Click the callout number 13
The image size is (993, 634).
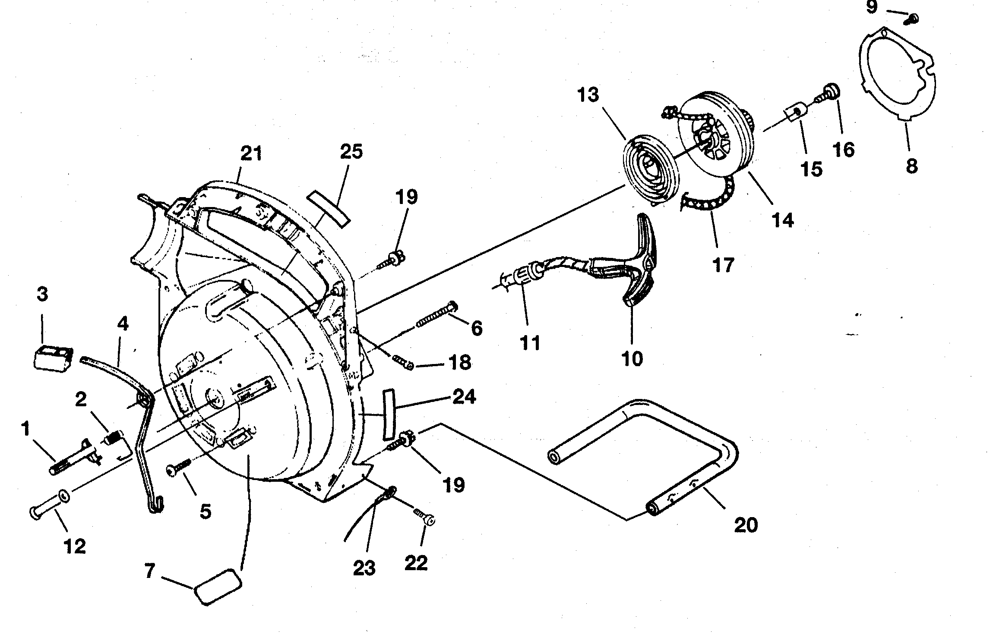tap(589, 94)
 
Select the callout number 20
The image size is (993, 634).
tap(746, 525)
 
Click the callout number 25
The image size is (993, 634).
tap(351, 152)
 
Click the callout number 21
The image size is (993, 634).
tap(251, 154)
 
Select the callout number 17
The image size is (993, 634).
tap(723, 264)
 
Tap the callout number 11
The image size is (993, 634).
tap(530, 344)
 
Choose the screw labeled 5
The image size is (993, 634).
tap(180, 467)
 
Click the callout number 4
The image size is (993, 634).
tap(123, 324)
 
